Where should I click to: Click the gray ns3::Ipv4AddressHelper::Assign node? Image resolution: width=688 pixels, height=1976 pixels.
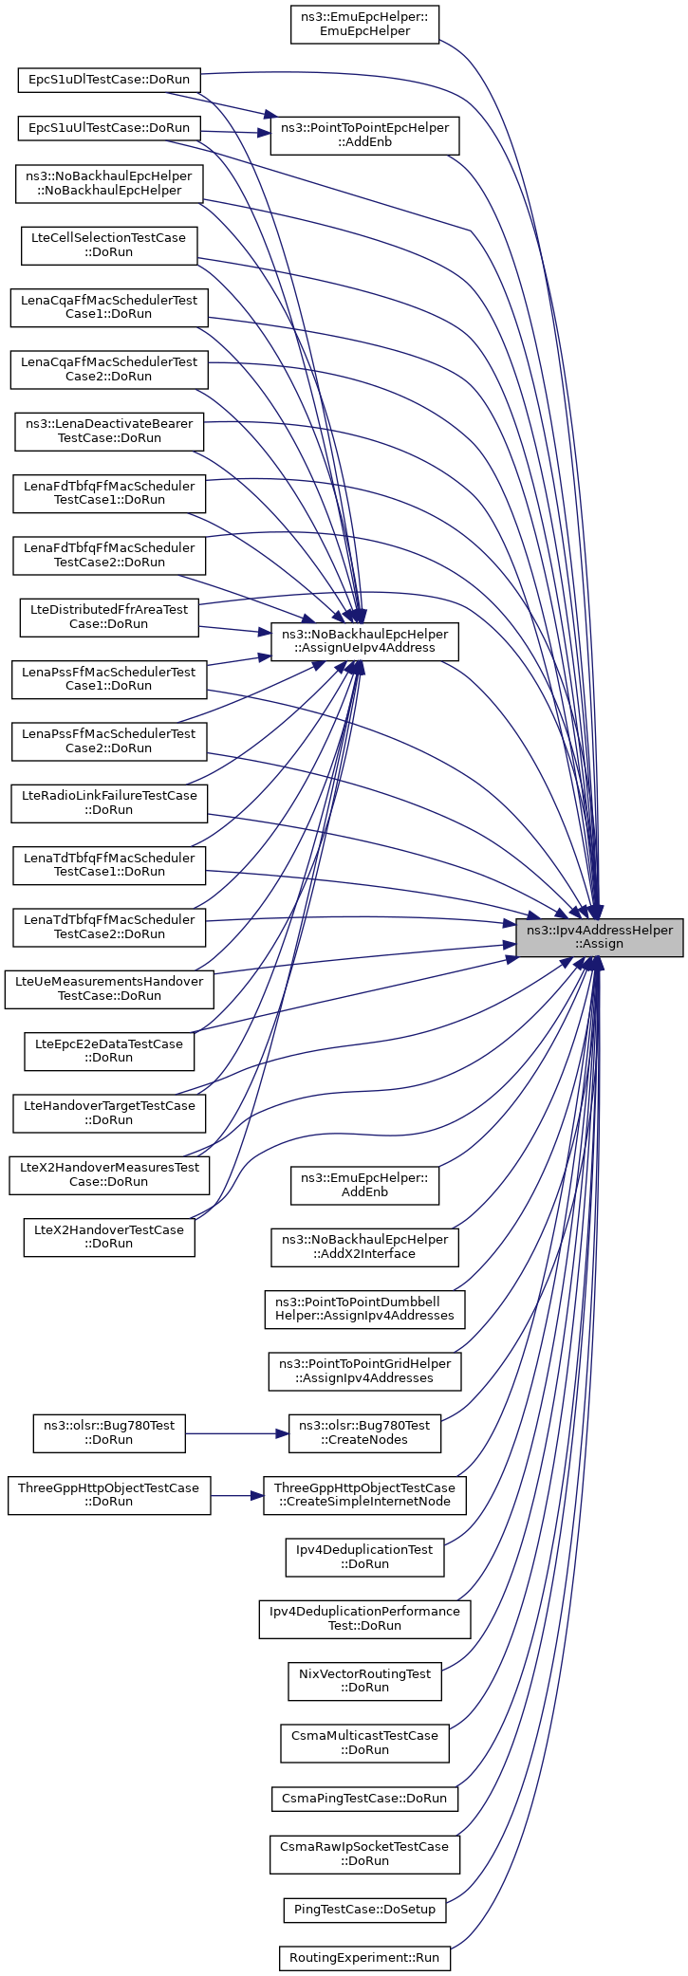[599, 936]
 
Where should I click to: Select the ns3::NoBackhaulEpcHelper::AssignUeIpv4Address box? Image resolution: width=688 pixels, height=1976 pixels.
[364, 641]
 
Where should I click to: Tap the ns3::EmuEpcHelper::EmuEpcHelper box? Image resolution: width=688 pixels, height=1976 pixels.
[364, 24]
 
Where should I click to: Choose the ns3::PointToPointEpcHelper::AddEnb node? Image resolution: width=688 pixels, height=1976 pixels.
[364, 135]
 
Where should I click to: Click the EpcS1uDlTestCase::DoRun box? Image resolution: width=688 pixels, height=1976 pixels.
[109, 80]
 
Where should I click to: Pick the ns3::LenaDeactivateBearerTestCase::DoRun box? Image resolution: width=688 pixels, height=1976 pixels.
[109, 431]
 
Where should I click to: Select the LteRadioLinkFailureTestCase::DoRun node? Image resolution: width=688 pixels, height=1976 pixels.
[109, 803]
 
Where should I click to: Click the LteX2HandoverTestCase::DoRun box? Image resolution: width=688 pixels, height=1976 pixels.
[109, 1237]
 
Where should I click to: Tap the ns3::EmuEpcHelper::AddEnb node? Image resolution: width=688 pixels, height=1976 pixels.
[364, 1185]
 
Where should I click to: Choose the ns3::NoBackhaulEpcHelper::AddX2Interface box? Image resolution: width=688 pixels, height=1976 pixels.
[364, 1247]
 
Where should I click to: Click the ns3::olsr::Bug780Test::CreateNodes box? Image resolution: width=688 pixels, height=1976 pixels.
[364, 1432]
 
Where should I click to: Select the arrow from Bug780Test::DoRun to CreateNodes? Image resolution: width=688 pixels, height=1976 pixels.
[237, 1432]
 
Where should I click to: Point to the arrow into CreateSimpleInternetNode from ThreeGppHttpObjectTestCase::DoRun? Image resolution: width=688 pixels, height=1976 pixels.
[237, 1495]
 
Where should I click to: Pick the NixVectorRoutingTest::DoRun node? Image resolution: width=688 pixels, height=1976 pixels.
[364, 1681]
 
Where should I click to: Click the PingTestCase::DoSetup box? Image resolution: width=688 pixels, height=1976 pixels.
[364, 1910]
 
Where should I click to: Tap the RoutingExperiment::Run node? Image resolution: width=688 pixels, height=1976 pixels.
[364, 1958]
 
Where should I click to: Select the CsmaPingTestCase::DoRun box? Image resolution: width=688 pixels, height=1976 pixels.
[364, 1798]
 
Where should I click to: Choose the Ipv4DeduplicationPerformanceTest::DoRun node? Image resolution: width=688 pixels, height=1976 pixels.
[364, 1618]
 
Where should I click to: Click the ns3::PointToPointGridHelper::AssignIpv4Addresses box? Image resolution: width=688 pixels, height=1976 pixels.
[364, 1371]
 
